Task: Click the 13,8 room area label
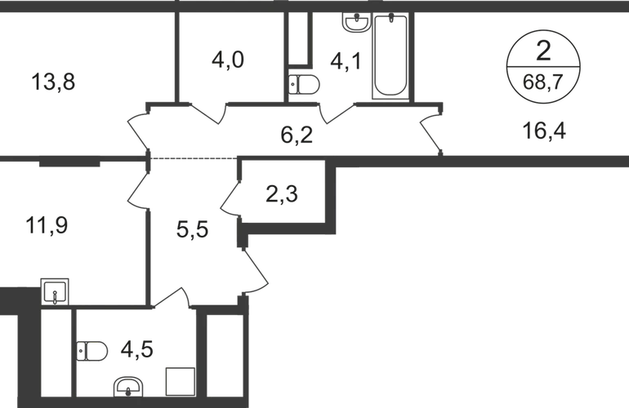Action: pos(53,82)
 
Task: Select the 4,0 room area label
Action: pos(227,60)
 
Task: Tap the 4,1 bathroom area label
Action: pos(346,62)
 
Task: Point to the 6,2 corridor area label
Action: pos(297,135)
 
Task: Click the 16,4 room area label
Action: pos(544,131)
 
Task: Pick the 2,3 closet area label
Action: pos(282,194)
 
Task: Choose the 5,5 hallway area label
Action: pos(192,230)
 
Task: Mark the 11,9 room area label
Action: pos(47,225)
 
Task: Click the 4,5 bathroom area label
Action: pos(136,349)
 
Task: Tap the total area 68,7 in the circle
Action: pos(543,82)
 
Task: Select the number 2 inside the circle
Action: pos(543,51)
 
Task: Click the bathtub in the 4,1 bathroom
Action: pos(390,55)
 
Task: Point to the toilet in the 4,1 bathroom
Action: pos(304,84)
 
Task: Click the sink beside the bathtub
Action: pos(356,22)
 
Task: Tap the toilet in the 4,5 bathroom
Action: pos(91,352)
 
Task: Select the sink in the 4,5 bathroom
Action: pos(128,387)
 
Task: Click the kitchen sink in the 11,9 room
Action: pos(55,292)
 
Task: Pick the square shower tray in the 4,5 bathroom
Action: pos(181,382)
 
